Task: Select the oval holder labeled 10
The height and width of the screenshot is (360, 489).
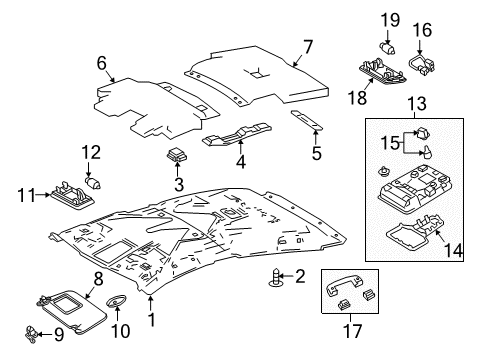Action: click(117, 300)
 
